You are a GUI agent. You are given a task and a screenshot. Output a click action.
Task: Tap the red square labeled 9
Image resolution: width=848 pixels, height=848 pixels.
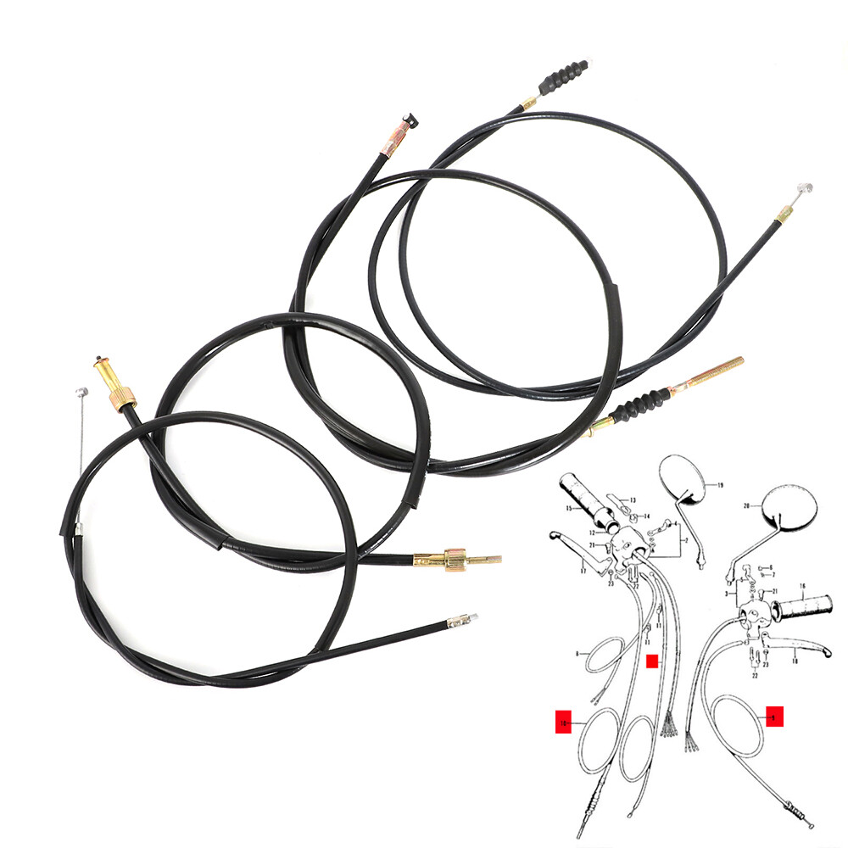click(x=773, y=716)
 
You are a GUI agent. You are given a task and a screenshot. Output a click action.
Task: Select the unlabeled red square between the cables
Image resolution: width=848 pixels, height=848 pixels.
click(x=651, y=661)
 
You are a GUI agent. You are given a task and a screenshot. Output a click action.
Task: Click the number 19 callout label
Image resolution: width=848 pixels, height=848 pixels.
click(x=719, y=486)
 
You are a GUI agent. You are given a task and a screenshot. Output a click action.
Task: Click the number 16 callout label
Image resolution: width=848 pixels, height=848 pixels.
click(x=802, y=587)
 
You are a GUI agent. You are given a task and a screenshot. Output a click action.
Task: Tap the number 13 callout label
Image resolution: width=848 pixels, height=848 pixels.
click(x=632, y=500)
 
